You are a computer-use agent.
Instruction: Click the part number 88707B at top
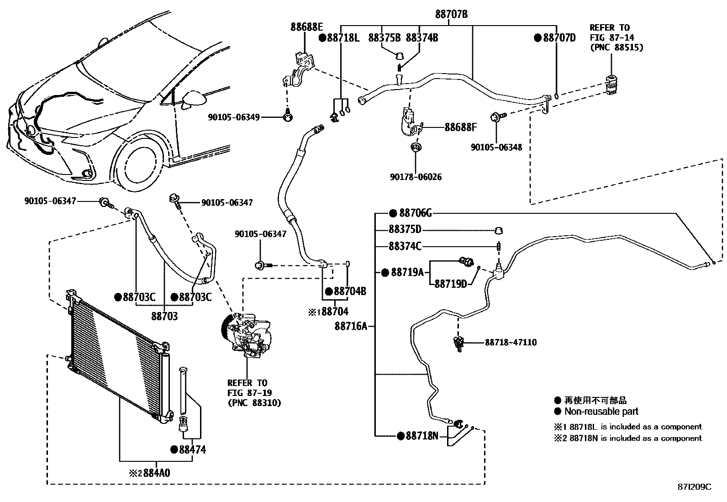coord(451,15)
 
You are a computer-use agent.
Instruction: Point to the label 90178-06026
coord(416,177)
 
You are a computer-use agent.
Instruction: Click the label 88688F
coord(460,127)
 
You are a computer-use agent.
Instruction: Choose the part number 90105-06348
coord(496,148)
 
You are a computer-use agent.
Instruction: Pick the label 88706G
coord(415,213)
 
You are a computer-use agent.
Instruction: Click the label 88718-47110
coord(511,342)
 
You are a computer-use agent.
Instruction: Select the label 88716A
coord(351,326)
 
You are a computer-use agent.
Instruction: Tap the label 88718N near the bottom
coord(421,436)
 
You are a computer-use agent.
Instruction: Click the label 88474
coord(192,449)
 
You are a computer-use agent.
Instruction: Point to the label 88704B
coord(350,291)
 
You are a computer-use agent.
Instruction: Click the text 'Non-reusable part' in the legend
coord(601,412)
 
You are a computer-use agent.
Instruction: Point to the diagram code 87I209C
coord(694,487)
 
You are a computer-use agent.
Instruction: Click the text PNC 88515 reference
coord(616,48)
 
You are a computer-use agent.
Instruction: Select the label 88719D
coord(450,284)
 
